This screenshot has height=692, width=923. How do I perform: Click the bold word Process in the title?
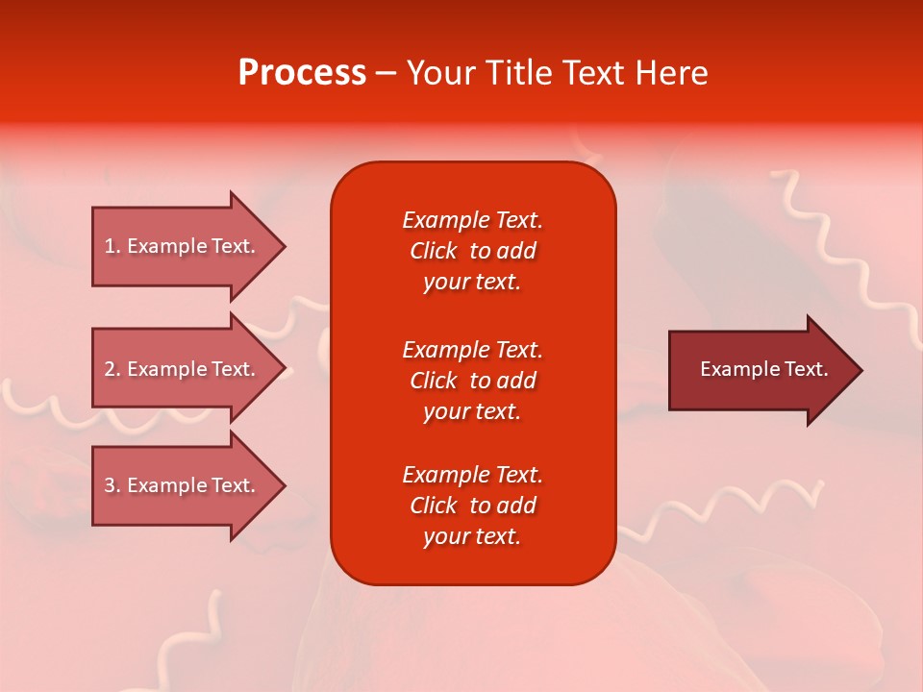(x=302, y=73)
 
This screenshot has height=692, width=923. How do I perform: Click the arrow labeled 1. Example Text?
(x=183, y=246)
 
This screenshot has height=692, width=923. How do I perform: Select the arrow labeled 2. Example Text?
(x=183, y=369)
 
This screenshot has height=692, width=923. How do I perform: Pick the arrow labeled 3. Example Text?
(x=183, y=485)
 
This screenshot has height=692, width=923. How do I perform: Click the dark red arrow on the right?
(x=760, y=369)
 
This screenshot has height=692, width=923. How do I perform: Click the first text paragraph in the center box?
(x=472, y=251)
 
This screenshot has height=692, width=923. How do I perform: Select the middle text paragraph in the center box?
(x=472, y=381)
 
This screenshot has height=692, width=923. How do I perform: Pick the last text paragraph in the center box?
(x=472, y=506)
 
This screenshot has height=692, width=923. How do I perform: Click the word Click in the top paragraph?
(x=433, y=251)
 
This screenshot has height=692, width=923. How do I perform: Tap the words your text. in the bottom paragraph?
(x=472, y=537)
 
